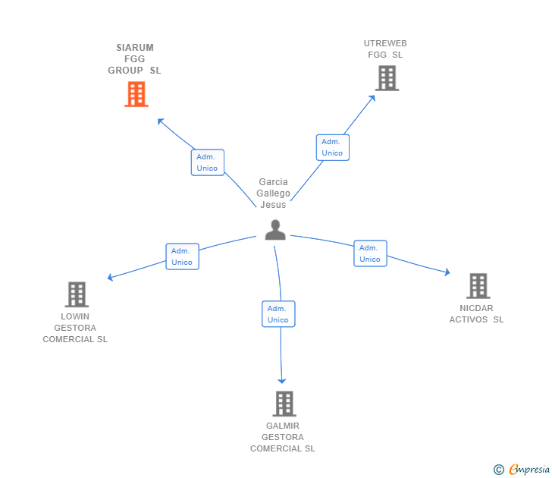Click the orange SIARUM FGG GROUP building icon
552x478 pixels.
[x=136, y=94]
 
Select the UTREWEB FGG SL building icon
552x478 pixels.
[x=387, y=77]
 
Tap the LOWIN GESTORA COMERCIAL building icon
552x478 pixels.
[x=77, y=294]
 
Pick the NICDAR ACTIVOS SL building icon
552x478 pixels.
[x=478, y=286]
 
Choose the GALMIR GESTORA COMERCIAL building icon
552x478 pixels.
[x=284, y=404]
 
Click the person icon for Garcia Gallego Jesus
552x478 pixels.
[x=275, y=230]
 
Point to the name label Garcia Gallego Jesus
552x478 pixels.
[x=274, y=193]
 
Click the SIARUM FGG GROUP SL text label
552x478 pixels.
[x=134, y=59]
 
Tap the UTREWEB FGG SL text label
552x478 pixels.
[x=385, y=49]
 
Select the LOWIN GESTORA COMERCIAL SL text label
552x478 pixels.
[x=75, y=328]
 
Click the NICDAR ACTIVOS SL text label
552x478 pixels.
[x=476, y=314]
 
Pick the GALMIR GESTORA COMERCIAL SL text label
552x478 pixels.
[x=283, y=437]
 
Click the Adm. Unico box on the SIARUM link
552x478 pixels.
[x=207, y=162]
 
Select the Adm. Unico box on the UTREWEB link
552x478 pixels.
[x=332, y=147]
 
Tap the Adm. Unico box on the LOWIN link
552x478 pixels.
[x=182, y=256]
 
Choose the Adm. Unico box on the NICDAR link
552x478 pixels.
[x=370, y=253]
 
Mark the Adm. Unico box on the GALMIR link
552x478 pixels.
[x=278, y=314]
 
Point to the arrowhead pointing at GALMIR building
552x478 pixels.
[x=282, y=380]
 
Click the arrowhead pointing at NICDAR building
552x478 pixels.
[x=447, y=272]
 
